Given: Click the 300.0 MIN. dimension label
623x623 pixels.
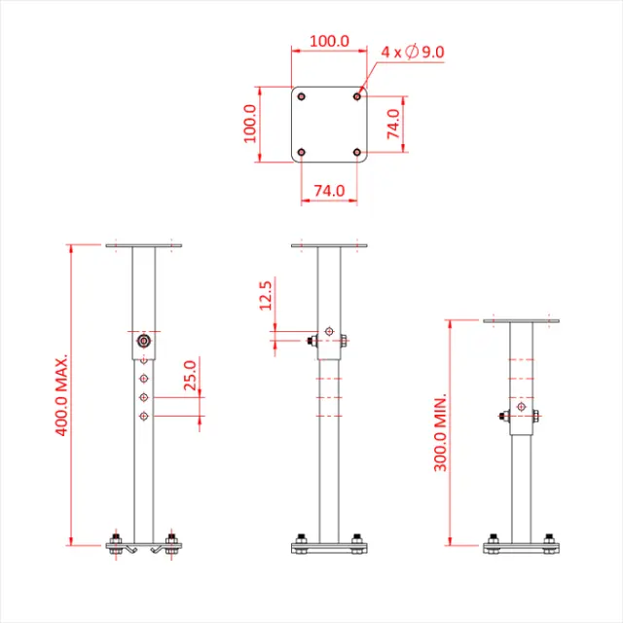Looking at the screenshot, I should [x=440, y=433].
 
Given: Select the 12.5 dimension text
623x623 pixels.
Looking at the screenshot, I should [x=267, y=295].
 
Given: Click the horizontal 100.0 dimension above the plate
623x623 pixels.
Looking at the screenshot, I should [x=329, y=41].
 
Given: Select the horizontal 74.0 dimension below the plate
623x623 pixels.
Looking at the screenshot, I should [x=329, y=192].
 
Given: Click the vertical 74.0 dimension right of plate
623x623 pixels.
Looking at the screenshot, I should [x=394, y=125].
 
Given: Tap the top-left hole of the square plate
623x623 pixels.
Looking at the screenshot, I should [x=301, y=96].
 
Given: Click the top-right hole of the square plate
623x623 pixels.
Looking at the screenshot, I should [x=358, y=96].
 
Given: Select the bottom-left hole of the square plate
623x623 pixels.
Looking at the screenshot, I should [x=301, y=153].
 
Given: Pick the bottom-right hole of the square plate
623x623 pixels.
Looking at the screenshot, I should [x=358, y=153].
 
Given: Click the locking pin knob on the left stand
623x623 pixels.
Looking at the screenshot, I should [x=144, y=342].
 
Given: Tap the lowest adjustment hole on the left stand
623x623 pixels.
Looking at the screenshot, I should [x=144, y=417].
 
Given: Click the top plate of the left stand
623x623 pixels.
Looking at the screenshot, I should [x=144, y=245].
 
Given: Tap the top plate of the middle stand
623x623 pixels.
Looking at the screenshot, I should [x=329, y=245].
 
